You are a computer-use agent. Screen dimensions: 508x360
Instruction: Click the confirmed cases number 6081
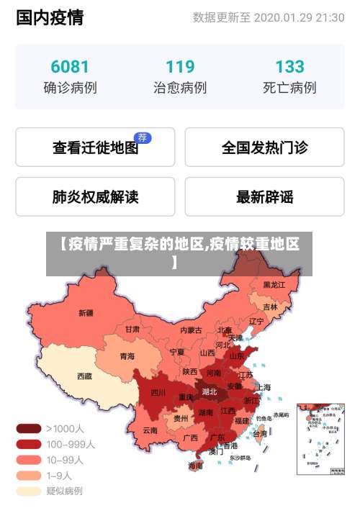[x=70, y=67]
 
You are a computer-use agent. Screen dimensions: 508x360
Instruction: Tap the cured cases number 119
[x=180, y=67]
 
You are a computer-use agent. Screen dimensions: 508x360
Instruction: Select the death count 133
[x=289, y=67]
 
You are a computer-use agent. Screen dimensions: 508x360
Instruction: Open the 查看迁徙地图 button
[x=95, y=148]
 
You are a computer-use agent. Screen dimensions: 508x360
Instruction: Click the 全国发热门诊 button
[x=264, y=148]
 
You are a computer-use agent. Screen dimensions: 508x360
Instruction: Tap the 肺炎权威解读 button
[x=95, y=196]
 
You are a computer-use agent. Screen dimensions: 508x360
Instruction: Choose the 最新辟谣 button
[x=264, y=196]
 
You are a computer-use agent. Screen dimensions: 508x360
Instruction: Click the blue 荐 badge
[x=143, y=137]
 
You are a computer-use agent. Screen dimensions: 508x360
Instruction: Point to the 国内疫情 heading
[x=50, y=17]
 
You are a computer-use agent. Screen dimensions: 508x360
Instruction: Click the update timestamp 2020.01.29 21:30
[x=299, y=17]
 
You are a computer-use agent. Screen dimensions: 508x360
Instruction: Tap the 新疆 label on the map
[x=86, y=313]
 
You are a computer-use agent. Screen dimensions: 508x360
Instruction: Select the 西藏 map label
[x=85, y=376]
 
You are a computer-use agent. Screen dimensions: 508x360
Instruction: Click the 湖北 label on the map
[x=210, y=392]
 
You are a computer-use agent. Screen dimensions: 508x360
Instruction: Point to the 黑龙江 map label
[x=274, y=285]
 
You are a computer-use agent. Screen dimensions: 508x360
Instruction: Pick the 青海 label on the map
[x=127, y=355]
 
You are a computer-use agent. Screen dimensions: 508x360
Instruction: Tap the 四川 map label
[x=158, y=393]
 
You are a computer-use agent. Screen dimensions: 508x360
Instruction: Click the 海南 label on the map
[x=195, y=466]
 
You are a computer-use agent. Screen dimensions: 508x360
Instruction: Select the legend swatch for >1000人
[x=29, y=428]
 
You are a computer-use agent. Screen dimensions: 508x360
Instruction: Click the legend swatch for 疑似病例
[x=29, y=491]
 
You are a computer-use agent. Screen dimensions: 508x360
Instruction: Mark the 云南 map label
[x=150, y=430]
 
